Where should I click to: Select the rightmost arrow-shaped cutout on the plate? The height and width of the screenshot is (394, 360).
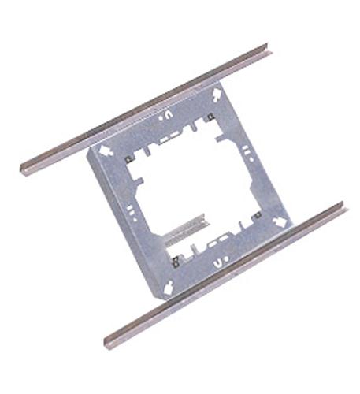pos(278,223)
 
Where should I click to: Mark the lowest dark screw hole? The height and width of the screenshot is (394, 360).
pos(173,256)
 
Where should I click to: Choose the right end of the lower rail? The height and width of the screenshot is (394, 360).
pos(343,208)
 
